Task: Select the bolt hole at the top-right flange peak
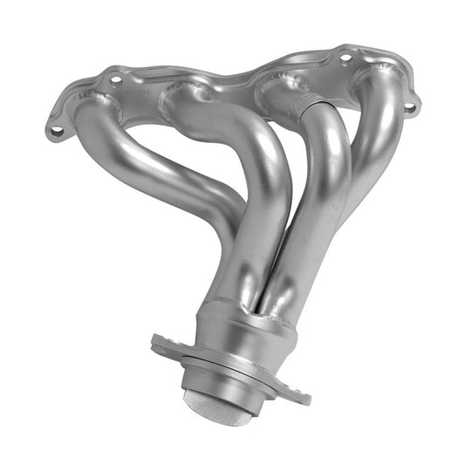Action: click(346, 58)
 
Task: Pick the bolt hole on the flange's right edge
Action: click(408, 107)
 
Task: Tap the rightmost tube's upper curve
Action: click(384, 113)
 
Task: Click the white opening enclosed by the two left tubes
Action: click(174, 148)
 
